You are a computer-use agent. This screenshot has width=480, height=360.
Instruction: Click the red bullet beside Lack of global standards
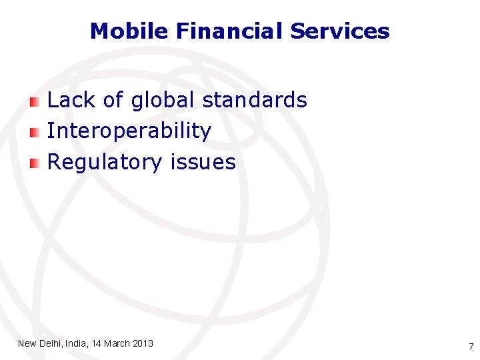pos(35,101)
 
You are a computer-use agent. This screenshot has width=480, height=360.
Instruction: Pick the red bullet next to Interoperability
pos(35,132)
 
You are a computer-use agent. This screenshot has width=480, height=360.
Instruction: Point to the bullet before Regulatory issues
pos(35,163)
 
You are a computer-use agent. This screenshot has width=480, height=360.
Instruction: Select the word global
pos(163,100)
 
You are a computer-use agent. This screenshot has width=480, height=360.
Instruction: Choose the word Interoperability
pos(129,131)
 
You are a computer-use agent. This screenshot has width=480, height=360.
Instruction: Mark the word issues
pos(203,162)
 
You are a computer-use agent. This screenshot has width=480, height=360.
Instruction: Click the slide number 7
pos(471,346)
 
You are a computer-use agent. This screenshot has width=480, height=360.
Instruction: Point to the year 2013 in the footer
pos(143,343)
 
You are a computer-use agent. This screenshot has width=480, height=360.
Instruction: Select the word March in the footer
pos(117,343)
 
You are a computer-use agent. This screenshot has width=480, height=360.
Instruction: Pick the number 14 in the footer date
pos(97,343)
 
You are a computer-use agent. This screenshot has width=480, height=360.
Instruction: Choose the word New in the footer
pos(27,343)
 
